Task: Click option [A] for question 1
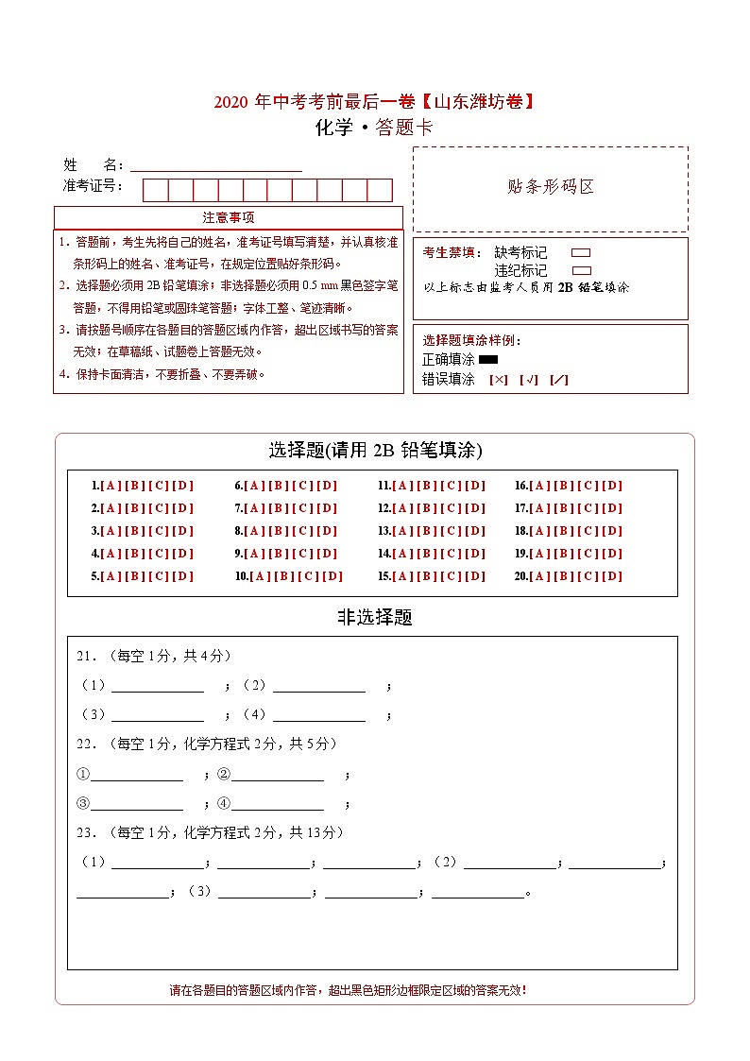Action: click(110, 486)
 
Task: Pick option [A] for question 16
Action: click(539, 486)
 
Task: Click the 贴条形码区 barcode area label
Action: click(551, 187)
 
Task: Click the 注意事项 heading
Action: click(229, 218)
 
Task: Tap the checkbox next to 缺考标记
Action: click(581, 253)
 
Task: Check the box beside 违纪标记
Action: click(581, 270)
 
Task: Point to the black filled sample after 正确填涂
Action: click(488, 359)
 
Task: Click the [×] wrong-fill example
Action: click(499, 380)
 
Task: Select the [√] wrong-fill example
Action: click(529, 380)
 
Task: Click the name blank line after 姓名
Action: click(216, 165)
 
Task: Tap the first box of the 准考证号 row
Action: click(155, 190)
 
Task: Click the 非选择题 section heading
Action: click(375, 618)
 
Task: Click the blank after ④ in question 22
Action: click(278, 804)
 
